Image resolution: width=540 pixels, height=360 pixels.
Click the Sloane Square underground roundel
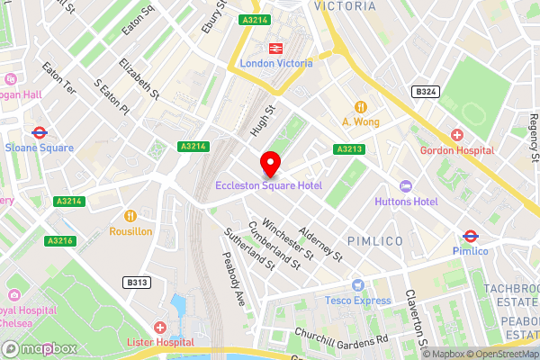(38, 132)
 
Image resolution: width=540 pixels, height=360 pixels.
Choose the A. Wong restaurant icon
(361, 106)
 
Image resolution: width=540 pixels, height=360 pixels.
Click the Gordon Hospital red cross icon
(457, 135)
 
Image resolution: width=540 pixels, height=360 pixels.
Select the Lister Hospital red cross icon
(160, 328)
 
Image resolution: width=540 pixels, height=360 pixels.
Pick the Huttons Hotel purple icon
(404, 186)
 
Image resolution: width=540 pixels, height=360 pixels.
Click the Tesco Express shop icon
(358, 284)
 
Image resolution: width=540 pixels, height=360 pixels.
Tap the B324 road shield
(425, 92)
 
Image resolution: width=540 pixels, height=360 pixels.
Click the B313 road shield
(137, 283)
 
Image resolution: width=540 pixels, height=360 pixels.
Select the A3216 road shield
(60, 240)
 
